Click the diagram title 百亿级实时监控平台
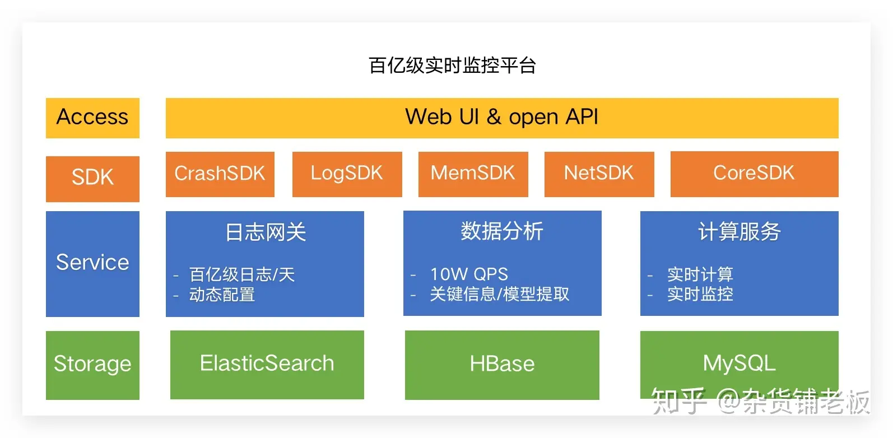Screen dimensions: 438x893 (452, 66)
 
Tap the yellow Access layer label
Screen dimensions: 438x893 (92, 118)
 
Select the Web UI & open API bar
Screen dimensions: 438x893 (501, 118)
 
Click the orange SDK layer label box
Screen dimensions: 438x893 (92, 178)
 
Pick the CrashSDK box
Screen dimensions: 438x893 (220, 174)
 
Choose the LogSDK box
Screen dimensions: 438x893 (347, 174)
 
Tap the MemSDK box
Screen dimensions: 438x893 (473, 174)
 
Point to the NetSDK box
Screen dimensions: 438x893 (599, 174)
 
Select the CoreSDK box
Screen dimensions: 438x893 (754, 174)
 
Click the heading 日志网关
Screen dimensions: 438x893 (266, 232)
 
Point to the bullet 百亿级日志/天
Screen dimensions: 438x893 (242, 274)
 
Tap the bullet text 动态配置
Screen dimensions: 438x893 (222, 295)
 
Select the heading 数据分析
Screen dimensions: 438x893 (502, 231)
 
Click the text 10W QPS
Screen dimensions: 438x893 (469, 274)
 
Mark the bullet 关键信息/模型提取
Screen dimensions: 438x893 (499, 294)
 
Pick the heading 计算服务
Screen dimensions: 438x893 (739, 231)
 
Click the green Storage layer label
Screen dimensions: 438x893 (92, 365)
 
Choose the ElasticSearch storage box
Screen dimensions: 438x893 (267, 364)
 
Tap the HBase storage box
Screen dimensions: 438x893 (502, 365)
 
